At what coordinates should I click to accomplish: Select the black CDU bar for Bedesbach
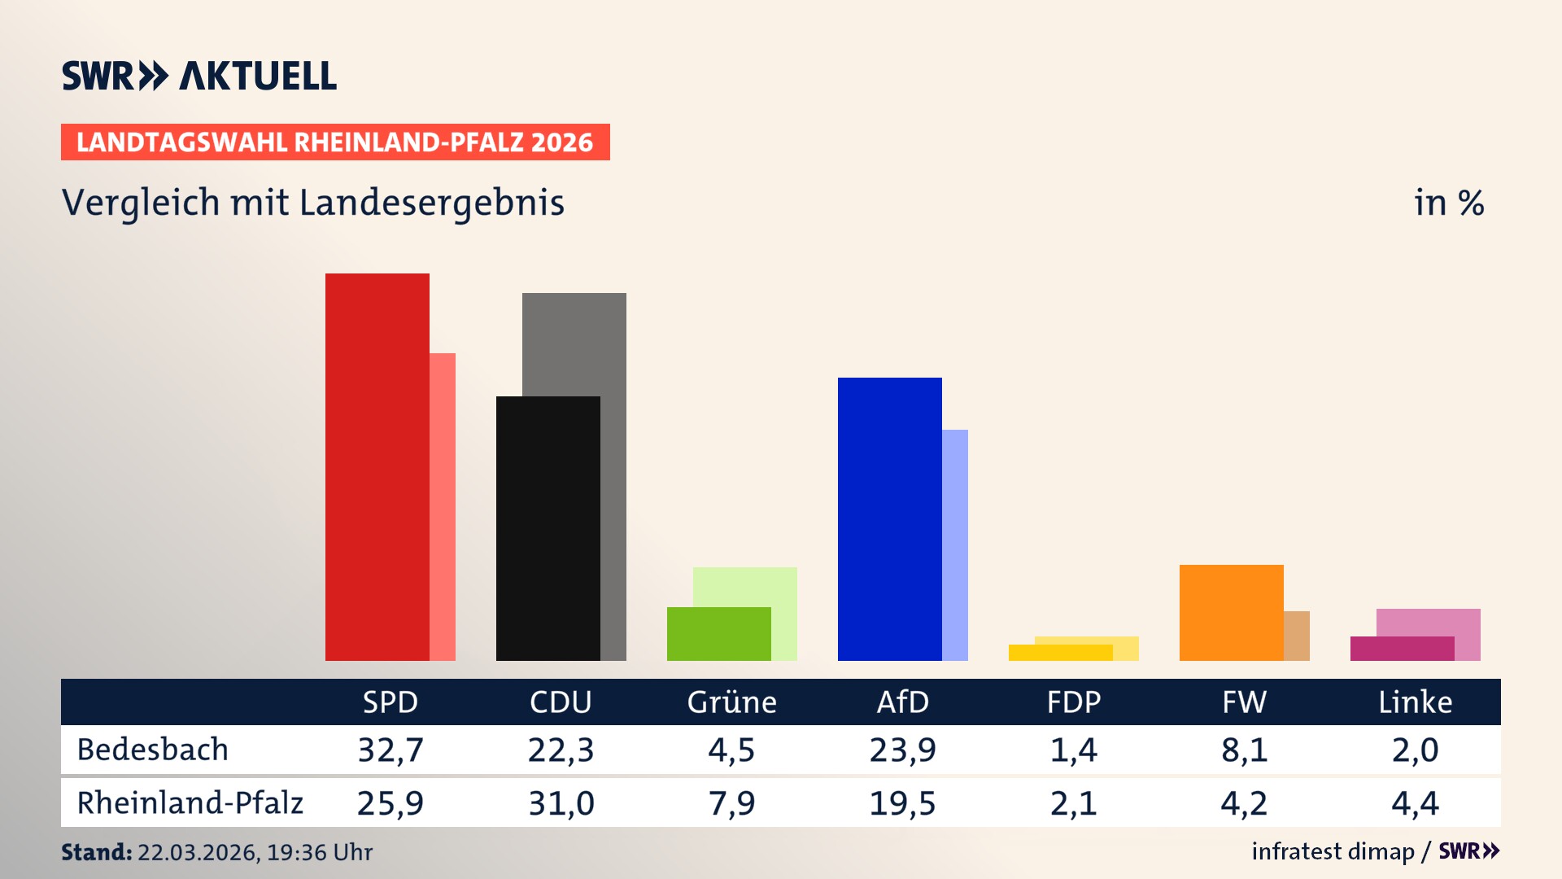(548, 528)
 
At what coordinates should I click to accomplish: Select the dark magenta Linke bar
(1402, 649)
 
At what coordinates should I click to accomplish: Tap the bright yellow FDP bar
(1060, 653)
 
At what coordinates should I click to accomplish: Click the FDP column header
(1073, 702)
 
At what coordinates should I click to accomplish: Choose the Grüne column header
(731, 702)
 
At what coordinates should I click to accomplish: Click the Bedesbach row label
(153, 750)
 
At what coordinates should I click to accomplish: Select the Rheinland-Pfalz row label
(190, 802)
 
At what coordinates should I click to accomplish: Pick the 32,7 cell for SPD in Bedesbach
(390, 750)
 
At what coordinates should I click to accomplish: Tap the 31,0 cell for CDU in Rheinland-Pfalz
(561, 803)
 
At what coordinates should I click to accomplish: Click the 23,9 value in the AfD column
(902, 750)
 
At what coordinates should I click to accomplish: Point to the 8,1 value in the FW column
(1244, 750)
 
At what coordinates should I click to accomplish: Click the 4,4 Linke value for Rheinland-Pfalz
(1415, 803)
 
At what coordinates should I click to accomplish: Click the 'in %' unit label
(1448, 203)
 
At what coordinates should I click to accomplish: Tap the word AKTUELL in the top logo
(257, 76)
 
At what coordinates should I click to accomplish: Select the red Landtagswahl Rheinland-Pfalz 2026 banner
(335, 142)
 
